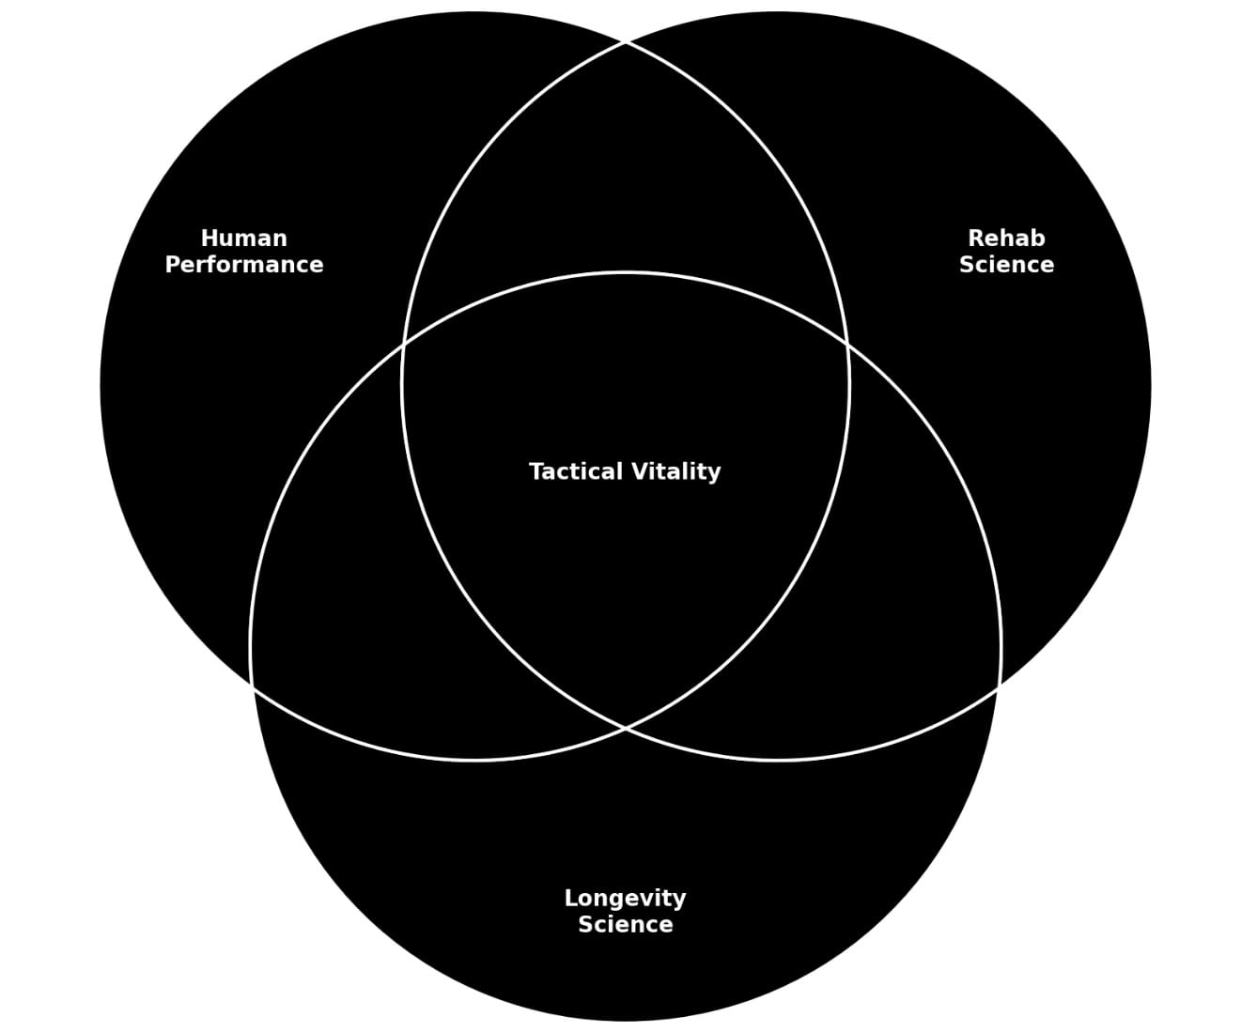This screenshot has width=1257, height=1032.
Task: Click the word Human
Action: (243, 239)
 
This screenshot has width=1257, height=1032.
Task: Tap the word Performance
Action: (243, 265)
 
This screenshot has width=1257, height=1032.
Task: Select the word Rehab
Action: (1006, 239)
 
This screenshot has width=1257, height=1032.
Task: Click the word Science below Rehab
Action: (1006, 265)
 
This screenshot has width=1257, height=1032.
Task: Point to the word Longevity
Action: (625, 899)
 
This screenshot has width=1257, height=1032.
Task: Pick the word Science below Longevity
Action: (625, 925)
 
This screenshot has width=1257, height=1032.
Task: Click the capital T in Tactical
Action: (535, 471)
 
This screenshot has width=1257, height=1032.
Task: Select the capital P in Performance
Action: (172, 265)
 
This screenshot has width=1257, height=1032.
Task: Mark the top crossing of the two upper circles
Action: (626, 42)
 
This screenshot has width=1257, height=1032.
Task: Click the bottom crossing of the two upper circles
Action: (626, 728)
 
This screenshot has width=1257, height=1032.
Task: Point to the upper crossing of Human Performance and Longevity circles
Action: (403, 345)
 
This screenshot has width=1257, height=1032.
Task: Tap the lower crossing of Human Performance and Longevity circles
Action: (253, 687)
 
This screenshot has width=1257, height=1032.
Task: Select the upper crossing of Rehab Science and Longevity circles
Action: (848, 345)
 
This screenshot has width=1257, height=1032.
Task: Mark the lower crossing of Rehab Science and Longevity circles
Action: (999, 687)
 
